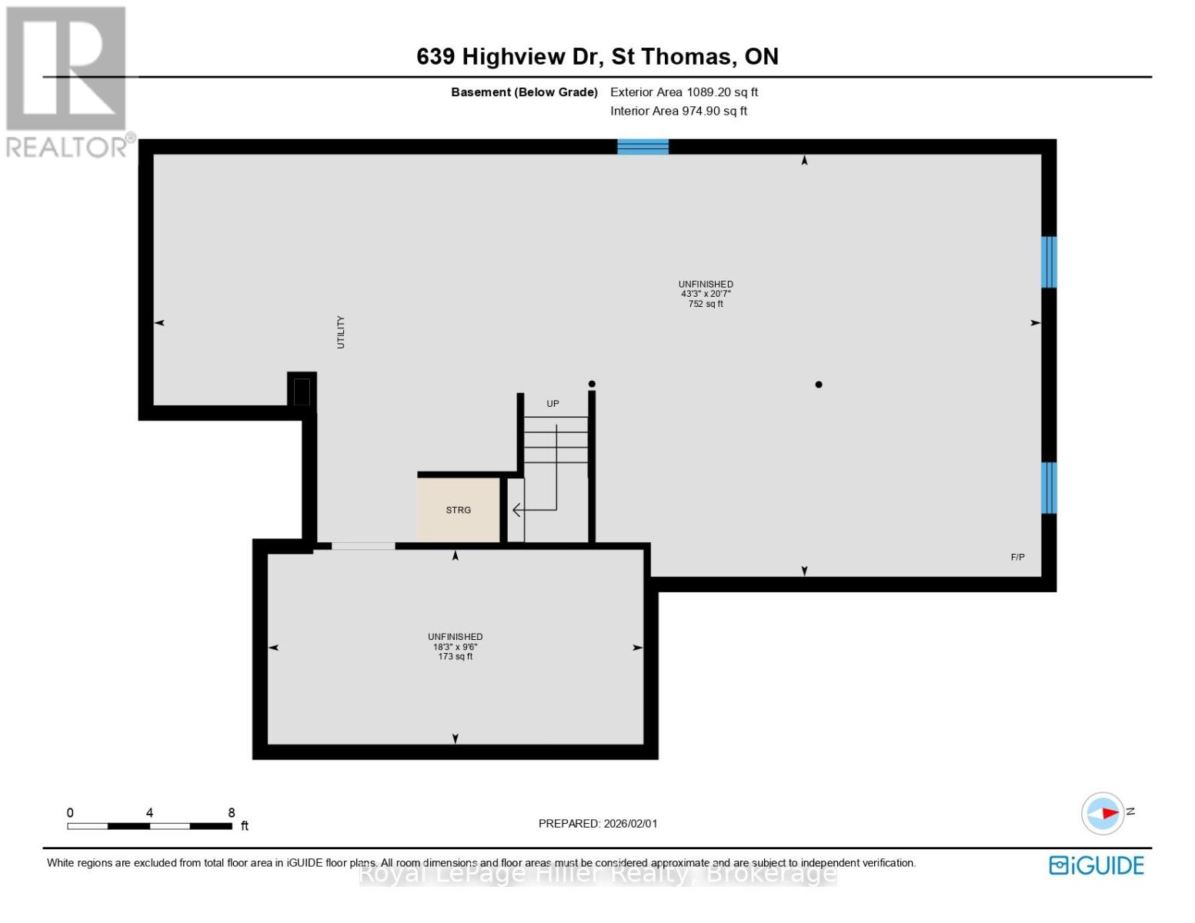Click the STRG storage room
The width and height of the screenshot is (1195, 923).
coord(459,510)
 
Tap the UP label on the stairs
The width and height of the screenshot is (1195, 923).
coord(552,404)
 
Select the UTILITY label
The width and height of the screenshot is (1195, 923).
coord(341,332)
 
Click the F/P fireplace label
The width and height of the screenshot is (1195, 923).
coord(1017,558)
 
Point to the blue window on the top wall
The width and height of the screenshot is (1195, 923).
coord(643,147)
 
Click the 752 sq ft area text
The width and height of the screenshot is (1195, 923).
coord(706,305)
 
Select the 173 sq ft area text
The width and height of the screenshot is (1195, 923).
coord(456,657)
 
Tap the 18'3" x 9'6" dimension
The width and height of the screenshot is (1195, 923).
coord(456,647)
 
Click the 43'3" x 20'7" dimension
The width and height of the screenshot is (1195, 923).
coord(706,294)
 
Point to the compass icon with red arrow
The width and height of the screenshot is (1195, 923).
coord(1103,813)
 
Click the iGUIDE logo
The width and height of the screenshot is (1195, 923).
coord(1097,865)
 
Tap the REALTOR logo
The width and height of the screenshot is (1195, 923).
coord(68,81)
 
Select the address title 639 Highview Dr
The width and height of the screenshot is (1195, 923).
coord(597,56)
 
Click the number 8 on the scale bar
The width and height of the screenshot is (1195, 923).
coord(232,812)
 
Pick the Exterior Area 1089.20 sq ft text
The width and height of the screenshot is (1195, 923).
coord(684,92)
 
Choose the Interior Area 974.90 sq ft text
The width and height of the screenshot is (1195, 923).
coord(679,111)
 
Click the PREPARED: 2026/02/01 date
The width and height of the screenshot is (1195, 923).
coord(598,824)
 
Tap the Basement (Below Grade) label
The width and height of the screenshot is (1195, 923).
coord(524,92)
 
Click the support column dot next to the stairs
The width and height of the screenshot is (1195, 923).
coord(592,384)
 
